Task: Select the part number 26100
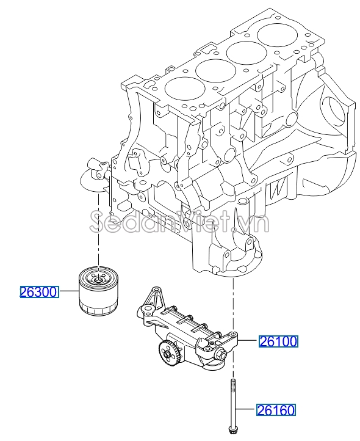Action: click(x=278, y=341)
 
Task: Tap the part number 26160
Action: click(x=275, y=411)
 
